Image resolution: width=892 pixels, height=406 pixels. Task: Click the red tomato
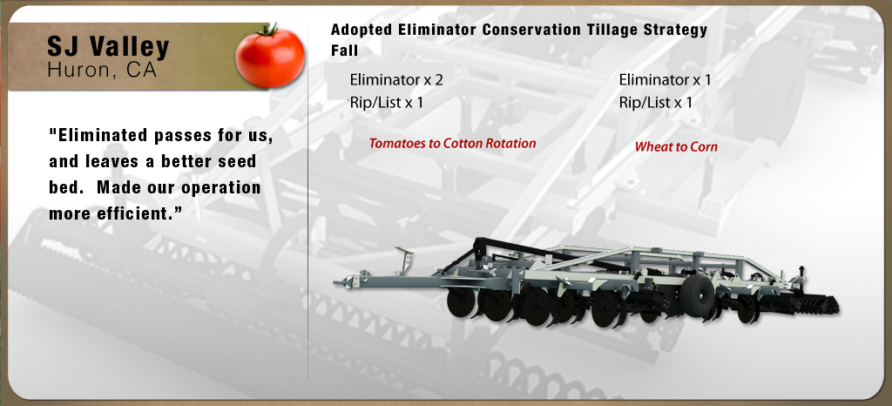coord(270,57)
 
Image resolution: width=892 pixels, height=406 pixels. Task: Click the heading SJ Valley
coord(108,47)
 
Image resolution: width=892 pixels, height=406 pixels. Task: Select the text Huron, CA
coord(102,70)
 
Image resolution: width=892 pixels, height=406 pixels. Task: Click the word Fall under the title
coord(345,51)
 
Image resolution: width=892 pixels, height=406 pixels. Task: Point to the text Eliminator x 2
coord(396,79)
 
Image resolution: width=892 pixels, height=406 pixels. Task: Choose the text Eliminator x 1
coord(665,79)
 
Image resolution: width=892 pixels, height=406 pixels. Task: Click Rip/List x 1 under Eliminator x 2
coord(386,103)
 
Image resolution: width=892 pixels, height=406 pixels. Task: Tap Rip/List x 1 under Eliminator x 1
coord(656,103)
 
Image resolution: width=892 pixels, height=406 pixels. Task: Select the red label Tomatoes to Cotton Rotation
coord(452,143)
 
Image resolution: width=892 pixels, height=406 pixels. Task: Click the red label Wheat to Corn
coord(676,146)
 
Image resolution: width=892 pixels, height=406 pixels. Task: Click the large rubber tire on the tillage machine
coord(698,295)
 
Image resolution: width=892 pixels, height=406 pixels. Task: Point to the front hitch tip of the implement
coord(336,281)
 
